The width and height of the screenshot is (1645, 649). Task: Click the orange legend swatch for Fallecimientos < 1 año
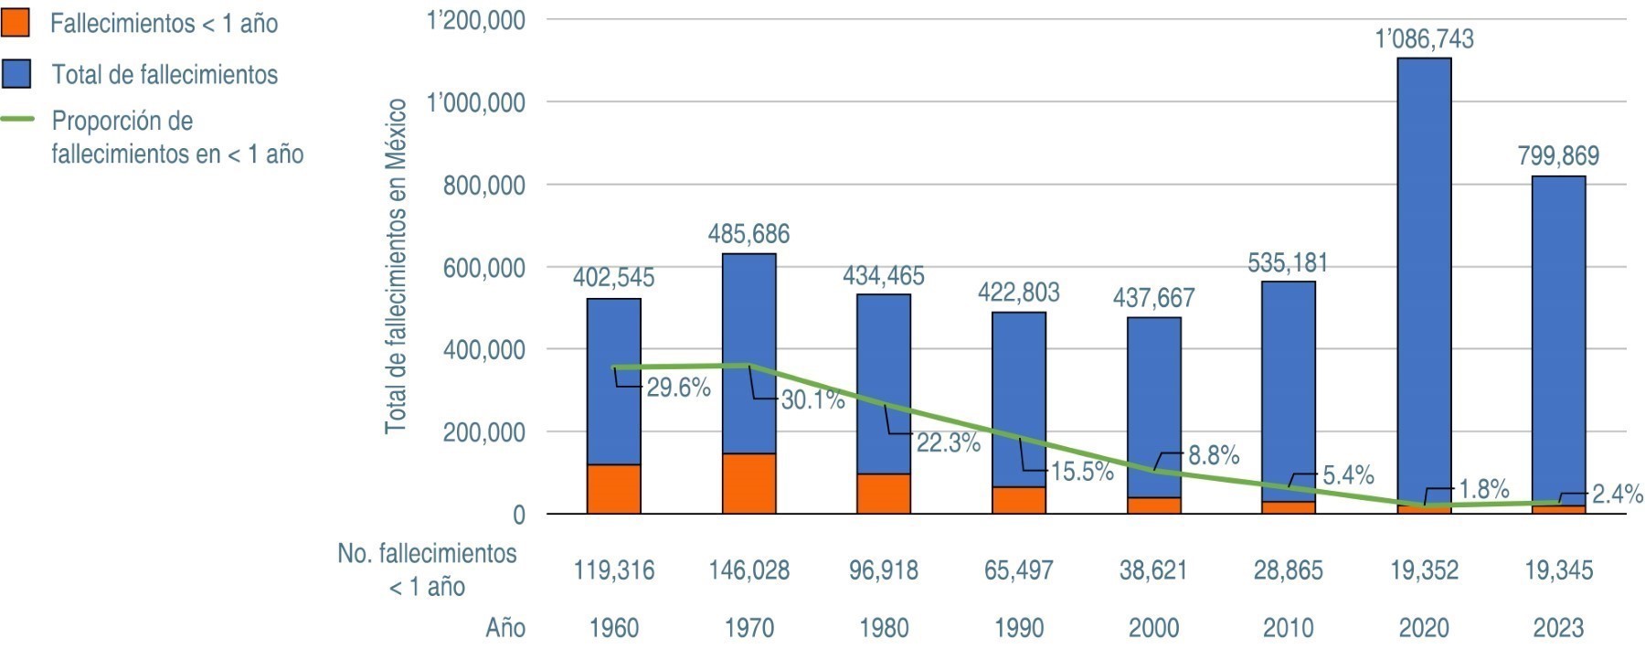[16, 23]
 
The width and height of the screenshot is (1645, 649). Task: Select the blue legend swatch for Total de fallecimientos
[16, 74]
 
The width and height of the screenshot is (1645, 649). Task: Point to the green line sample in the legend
[16, 120]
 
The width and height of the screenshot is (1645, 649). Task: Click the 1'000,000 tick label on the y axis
[475, 102]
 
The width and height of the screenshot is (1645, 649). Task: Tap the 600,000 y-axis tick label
[484, 267]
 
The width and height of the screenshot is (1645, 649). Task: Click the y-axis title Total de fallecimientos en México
[395, 267]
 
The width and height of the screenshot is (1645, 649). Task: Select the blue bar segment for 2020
[1424, 274]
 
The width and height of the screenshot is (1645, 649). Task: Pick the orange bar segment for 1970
[748, 484]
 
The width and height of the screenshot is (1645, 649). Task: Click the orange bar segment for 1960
[613, 489]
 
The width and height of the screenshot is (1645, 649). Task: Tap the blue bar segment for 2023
[1558, 338]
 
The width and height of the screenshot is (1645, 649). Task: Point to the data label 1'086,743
[1424, 39]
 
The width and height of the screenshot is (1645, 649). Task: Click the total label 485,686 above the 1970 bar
[748, 234]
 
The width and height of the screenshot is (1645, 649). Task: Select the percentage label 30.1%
[812, 399]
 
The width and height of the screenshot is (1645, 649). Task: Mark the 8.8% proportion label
[1213, 455]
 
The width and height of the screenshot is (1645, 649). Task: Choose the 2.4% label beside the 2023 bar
[1617, 495]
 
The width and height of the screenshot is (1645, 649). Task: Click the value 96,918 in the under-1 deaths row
[884, 570]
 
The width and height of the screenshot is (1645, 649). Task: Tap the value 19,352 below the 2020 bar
[1424, 570]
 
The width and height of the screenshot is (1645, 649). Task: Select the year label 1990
[1018, 628]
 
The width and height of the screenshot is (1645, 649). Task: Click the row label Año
[505, 628]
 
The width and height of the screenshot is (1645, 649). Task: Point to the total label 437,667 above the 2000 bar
[1153, 298]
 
